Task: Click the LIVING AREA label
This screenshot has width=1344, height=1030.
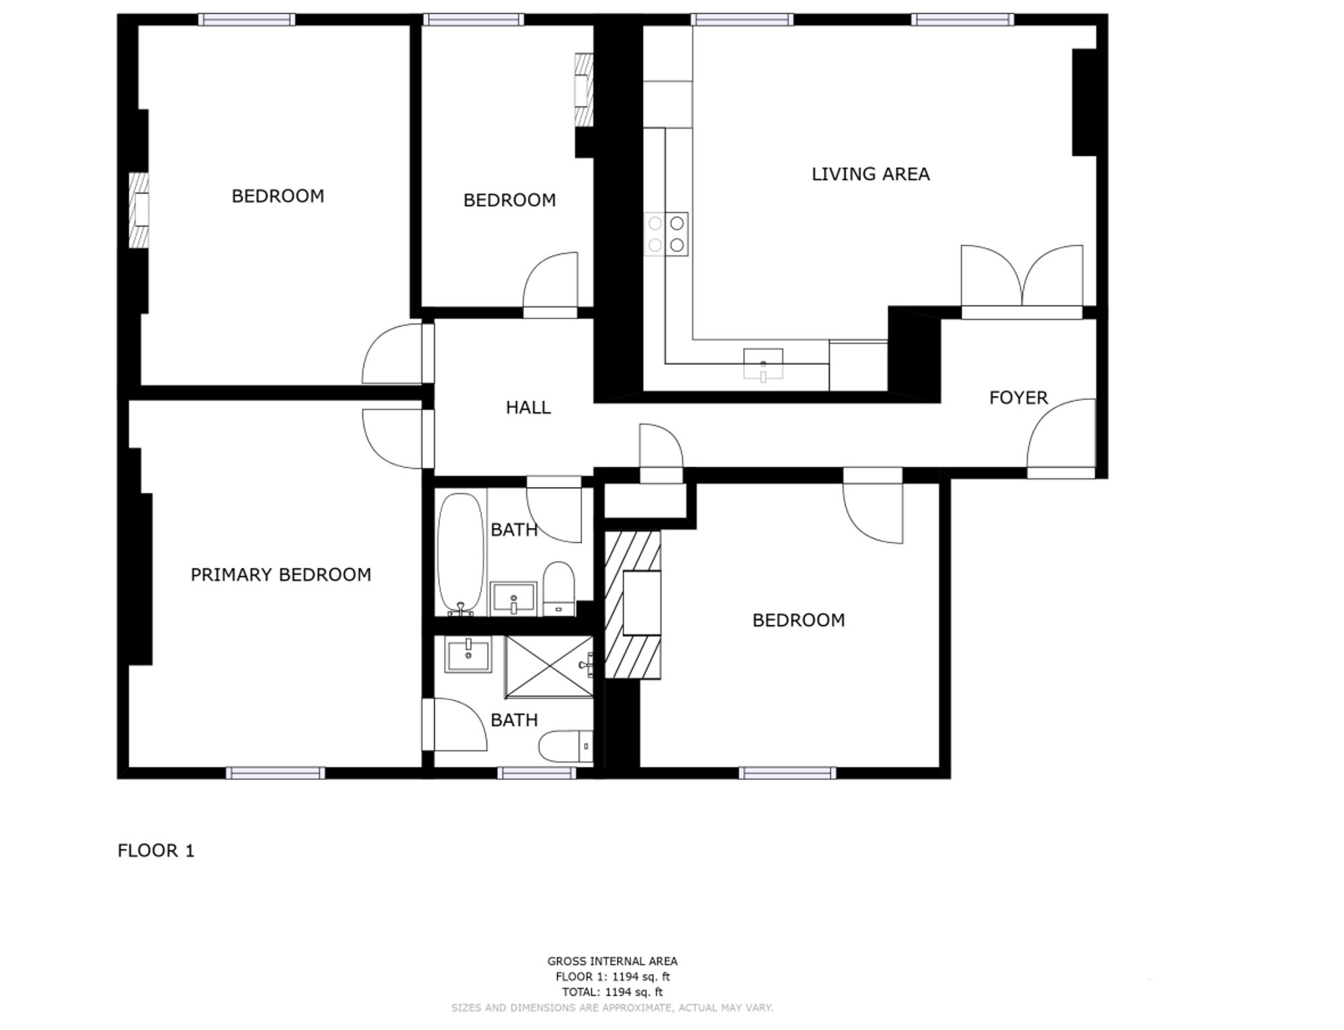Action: tap(870, 174)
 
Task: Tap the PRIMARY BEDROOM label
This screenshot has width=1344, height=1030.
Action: tap(280, 574)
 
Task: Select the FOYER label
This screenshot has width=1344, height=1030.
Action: tap(1018, 398)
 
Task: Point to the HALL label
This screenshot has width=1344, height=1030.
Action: tap(528, 407)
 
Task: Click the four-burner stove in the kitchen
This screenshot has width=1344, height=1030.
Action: tap(666, 234)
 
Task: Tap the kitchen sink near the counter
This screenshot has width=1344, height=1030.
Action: tap(763, 364)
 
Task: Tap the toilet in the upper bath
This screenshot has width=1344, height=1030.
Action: tap(558, 589)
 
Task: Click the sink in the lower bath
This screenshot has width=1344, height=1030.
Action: tap(468, 654)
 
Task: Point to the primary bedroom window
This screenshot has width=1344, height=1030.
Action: tap(275, 773)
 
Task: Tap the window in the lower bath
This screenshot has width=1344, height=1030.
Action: tap(536, 773)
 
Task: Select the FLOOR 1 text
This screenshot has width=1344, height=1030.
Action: tap(156, 851)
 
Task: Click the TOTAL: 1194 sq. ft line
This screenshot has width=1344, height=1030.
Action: tap(612, 992)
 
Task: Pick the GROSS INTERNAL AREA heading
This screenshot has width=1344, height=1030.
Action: tap(612, 961)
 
